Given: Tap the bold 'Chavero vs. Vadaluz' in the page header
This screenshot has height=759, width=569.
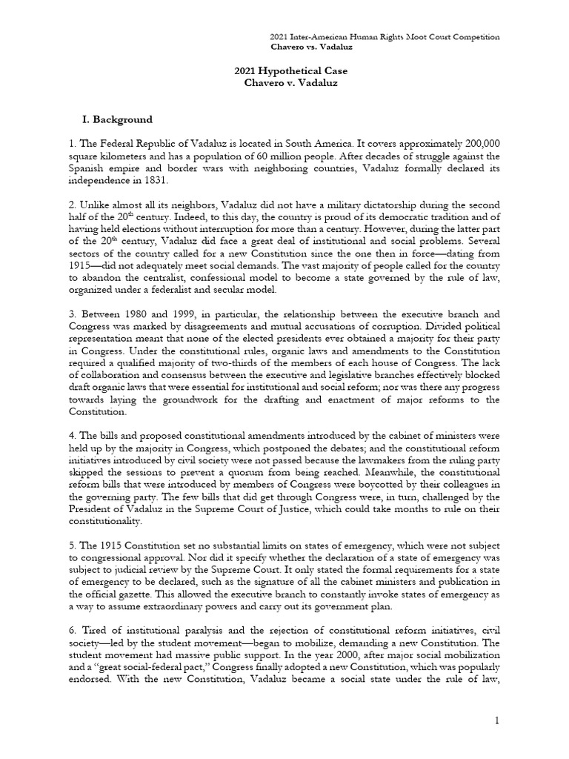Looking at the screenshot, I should coord(310,47).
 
